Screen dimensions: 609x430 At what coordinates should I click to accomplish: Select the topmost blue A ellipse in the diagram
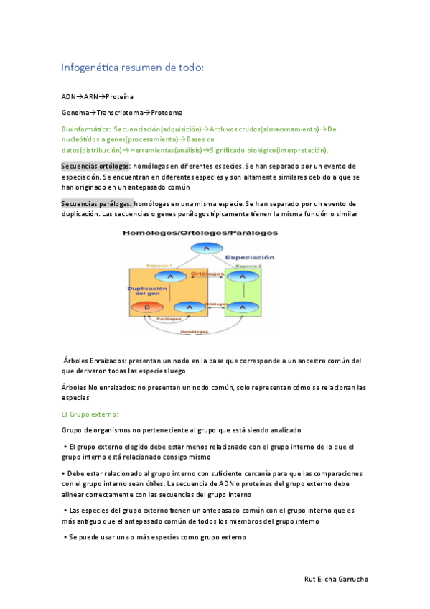pyautogui.click(x=207, y=248)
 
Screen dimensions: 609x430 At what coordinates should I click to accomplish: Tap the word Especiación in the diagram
pyautogui.click(x=250, y=257)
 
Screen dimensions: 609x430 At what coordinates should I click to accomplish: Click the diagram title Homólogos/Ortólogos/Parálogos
pyautogui.click(x=200, y=233)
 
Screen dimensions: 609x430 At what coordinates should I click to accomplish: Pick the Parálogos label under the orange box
pyautogui.click(x=169, y=318)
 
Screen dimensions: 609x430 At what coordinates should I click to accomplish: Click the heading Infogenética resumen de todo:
pyautogui.click(x=133, y=68)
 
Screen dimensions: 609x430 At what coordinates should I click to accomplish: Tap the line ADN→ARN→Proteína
pyautogui.click(x=97, y=96)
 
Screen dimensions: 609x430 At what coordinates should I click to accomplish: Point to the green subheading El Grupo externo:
pyautogui.click(x=90, y=414)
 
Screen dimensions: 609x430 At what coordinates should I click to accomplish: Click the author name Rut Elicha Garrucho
pyautogui.click(x=337, y=579)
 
